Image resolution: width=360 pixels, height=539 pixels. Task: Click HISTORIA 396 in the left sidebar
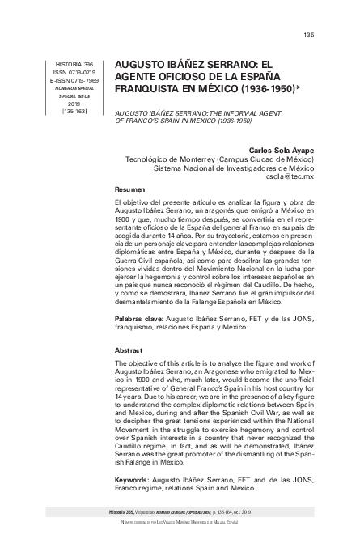coord(73,63)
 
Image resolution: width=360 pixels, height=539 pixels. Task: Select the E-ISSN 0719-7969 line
coord(73,80)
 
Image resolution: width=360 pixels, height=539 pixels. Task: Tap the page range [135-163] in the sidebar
coord(73,112)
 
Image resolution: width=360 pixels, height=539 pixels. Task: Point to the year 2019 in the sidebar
coord(74,104)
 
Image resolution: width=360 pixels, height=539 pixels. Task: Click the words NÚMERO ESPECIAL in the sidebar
coord(74,87)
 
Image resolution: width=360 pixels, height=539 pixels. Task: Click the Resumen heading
coord(130,188)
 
